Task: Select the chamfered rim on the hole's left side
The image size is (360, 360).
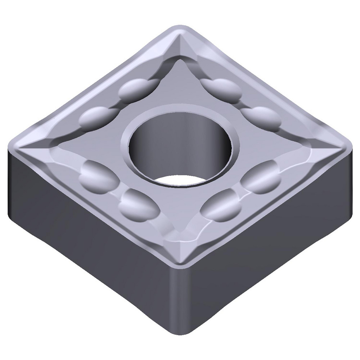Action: click(x=125, y=144)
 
